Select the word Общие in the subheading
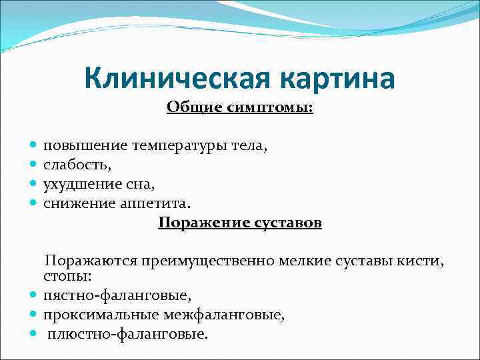coord(194,107)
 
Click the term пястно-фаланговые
coord(117,294)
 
